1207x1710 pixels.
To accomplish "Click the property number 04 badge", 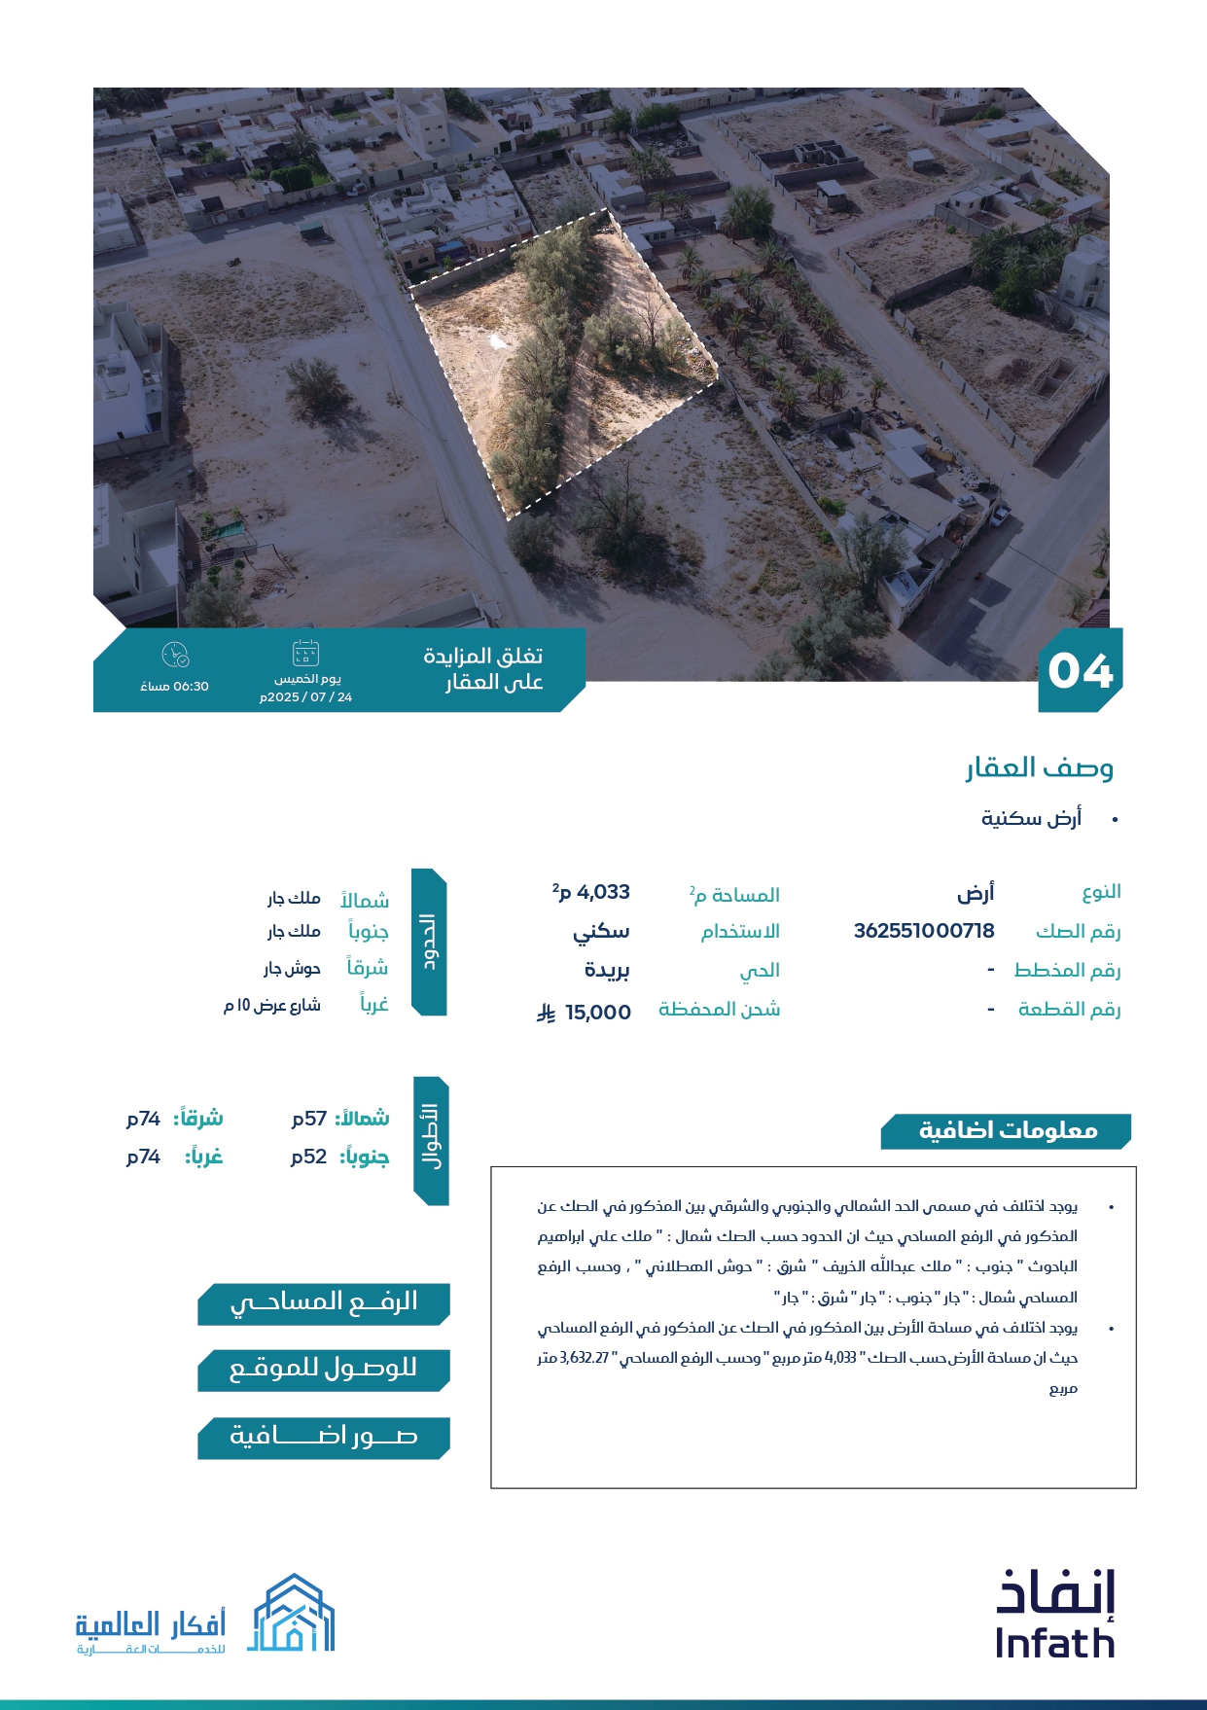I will point(1080,671).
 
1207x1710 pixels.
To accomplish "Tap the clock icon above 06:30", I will point(175,655).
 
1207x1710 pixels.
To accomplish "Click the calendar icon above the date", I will point(305,653).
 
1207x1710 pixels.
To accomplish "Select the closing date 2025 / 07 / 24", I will point(306,697).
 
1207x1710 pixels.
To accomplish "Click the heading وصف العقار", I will point(1039,768).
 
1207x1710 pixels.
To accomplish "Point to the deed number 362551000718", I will point(924,931).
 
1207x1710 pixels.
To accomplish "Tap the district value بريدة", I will point(607,971).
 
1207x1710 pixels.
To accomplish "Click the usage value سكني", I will point(601,932).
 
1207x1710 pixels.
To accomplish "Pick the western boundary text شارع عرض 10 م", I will point(272,1006).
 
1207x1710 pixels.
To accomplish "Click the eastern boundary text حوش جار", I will point(292,969).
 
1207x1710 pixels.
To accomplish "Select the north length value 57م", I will point(309,1119).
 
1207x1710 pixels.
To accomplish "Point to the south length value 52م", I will point(309,1157).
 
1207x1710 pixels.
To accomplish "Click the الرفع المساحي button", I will point(323,1303).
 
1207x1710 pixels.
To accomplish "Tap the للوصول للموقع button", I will point(323,1370).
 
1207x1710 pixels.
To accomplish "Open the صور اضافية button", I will point(323,1437).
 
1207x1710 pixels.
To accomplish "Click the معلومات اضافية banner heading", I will point(1007,1131).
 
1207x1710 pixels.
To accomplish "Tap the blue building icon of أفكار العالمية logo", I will point(294,1615).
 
